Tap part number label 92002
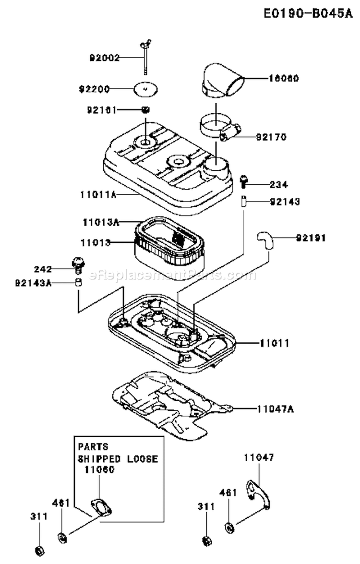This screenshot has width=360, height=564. coord(105,58)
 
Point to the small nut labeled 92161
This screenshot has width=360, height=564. coord(146,109)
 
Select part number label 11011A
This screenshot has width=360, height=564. coord(99,194)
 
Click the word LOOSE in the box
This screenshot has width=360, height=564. coord(143,458)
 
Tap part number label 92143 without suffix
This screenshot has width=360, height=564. coord(284,202)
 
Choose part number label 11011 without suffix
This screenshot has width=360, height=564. coord(274,343)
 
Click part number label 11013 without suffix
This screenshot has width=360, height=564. coord(96,243)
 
